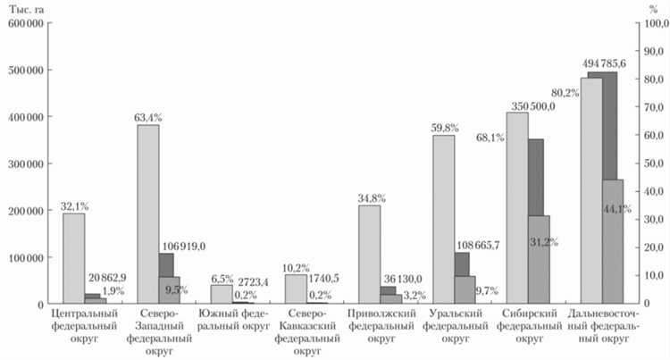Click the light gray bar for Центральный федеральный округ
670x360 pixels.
[x=73, y=259]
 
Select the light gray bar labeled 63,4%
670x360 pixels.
[x=148, y=214]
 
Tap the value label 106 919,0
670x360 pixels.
[x=184, y=245]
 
